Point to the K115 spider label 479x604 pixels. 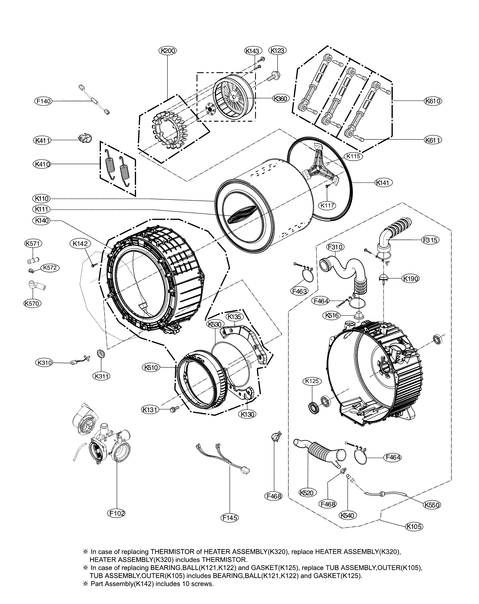pos(353,156)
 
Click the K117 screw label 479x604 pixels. pos(327,205)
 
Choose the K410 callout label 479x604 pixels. pos(42,164)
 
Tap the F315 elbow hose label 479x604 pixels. pos(430,240)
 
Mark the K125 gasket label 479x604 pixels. pos(312,381)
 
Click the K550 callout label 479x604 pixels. pos(432,505)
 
